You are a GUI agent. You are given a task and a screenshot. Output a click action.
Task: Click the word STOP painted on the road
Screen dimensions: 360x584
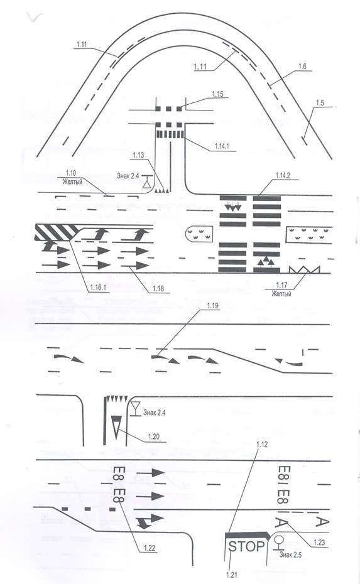[246, 546]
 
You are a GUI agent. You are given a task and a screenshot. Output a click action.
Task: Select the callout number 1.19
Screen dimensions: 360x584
[213, 306]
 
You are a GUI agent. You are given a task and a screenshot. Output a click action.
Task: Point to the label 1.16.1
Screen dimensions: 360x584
[98, 288]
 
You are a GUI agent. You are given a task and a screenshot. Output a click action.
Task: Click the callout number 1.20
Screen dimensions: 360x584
[153, 436]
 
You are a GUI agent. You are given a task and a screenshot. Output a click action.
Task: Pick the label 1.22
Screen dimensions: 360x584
[149, 548]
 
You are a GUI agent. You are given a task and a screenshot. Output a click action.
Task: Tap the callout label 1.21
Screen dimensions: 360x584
[231, 575]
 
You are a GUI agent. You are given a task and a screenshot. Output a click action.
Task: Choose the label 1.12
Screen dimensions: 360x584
[262, 445]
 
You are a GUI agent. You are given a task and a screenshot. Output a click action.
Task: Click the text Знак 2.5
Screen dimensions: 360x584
[290, 555]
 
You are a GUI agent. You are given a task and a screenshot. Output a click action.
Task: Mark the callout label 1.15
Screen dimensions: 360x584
[217, 94]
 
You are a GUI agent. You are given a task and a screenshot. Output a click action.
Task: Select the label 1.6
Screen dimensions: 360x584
[302, 67]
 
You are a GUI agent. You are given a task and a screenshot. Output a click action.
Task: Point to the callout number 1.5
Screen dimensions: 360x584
[320, 102]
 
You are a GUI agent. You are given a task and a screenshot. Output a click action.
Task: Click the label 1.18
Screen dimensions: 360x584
[158, 288]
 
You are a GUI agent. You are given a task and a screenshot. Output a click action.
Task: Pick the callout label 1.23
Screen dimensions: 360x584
[319, 543]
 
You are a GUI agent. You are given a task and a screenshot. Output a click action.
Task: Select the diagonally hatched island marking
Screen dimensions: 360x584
[56, 232]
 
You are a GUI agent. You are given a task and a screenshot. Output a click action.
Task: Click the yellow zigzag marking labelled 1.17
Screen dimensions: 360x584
[305, 269]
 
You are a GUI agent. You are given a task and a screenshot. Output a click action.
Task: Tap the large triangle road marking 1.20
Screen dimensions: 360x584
[117, 427]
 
